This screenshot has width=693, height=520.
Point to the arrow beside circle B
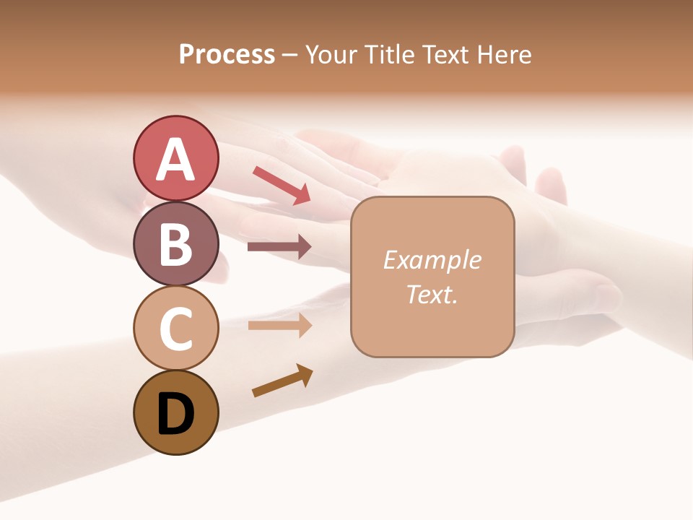(x=279, y=247)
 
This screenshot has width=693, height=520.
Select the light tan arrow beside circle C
(x=279, y=325)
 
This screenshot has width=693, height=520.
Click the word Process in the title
(x=227, y=54)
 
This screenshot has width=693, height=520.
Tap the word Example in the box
(x=432, y=260)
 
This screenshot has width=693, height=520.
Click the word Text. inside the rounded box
(x=432, y=294)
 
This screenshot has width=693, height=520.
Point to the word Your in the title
(x=329, y=54)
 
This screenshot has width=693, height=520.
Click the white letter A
(x=175, y=160)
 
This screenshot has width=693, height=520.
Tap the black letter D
(x=175, y=415)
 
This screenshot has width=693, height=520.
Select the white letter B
(x=175, y=243)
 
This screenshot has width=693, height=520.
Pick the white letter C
(x=175, y=329)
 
